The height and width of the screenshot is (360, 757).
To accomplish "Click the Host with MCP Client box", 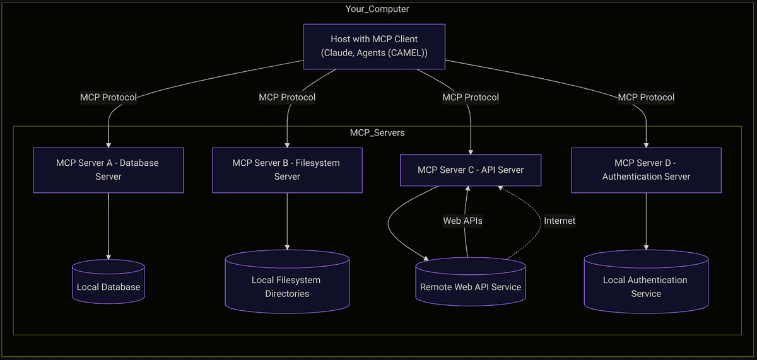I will point(374,46).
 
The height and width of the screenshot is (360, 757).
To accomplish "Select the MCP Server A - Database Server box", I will point(109,170).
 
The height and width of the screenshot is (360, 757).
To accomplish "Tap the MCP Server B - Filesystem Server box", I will point(287,170).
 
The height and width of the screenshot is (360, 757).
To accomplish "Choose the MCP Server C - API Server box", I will point(471,170).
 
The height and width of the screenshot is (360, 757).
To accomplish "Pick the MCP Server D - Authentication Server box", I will point(646,170).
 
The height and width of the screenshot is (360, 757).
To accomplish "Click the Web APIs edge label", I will point(462,221).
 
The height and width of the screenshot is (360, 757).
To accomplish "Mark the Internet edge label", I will point(559,221).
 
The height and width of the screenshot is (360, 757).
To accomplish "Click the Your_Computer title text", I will point(377,9).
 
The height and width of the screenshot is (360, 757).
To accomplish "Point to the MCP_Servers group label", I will point(377,133).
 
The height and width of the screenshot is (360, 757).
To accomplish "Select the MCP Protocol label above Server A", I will point(109,97).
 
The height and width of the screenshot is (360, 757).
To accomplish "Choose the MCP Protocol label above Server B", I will point(287,97).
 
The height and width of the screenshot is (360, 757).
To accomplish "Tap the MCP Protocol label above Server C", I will point(471,97).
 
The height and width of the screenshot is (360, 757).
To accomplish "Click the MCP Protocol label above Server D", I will point(646,97).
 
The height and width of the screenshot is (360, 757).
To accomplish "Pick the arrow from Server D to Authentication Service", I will point(646,221).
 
